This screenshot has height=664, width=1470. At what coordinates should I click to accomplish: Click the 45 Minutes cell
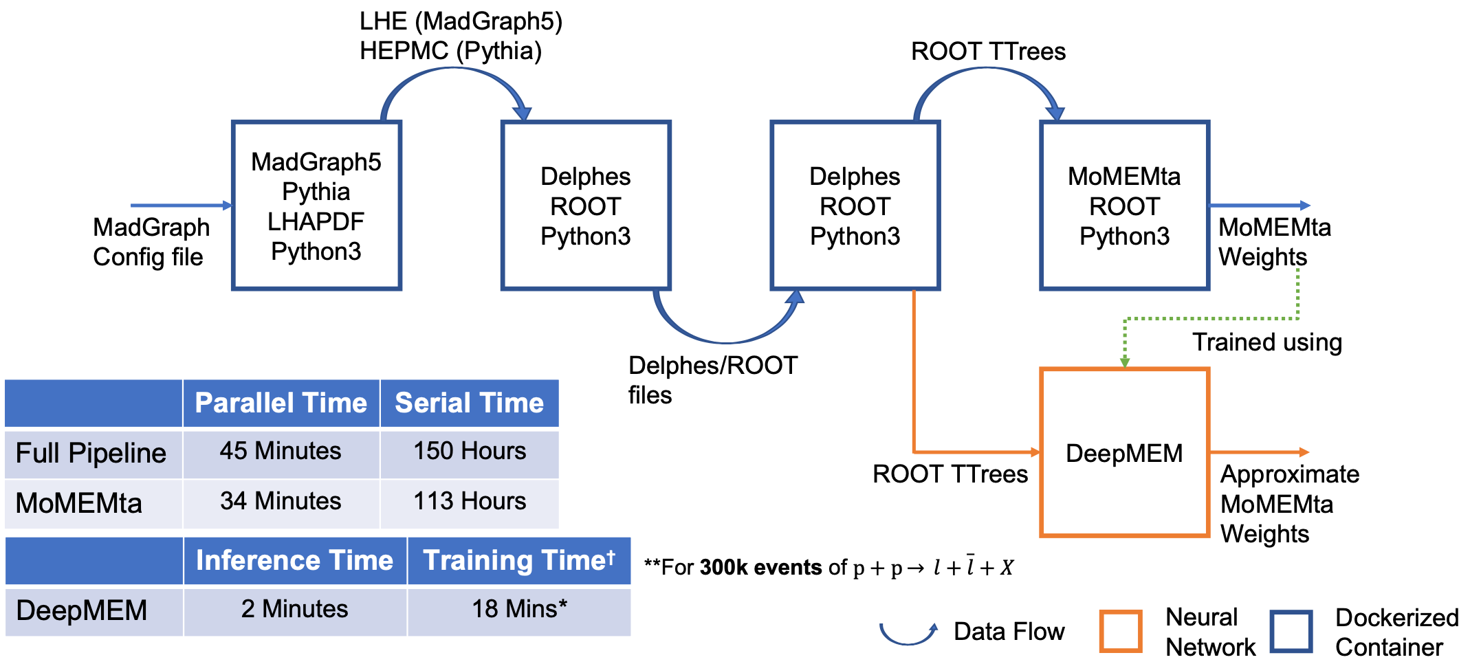pyautogui.click(x=281, y=452)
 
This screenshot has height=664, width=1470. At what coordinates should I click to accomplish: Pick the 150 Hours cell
pyautogui.click(x=470, y=452)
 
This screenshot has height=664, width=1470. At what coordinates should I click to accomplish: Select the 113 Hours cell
pyautogui.click(x=470, y=502)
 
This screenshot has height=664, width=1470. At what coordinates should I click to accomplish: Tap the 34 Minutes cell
pyautogui.click(x=281, y=502)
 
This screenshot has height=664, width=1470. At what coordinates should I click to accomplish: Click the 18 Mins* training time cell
pyautogui.click(x=519, y=610)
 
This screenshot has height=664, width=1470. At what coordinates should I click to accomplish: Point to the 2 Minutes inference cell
pyautogui.click(x=295, y=610)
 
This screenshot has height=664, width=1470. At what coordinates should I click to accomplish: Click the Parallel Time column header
pyautogui.click(x=281, y=403)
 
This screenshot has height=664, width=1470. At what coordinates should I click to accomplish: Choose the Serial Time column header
pyautogui.click(x=470, y=403)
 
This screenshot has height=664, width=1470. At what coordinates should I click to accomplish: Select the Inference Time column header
pyautogui.click(x=295, y=561)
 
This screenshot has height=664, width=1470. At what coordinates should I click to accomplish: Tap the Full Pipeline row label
pyautogui.click(x=91, y=454)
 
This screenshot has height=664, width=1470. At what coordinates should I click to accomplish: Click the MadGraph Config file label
pyautogui.click(x=151, y=242)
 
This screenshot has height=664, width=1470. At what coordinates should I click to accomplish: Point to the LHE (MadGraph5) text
pyautogui.click(x=461, y=21)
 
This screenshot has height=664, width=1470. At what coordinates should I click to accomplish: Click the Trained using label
pyautogui.click(x=1267, y=342)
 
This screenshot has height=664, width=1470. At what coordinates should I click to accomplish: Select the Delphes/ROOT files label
pyautogui.click(x=713, y=380)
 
